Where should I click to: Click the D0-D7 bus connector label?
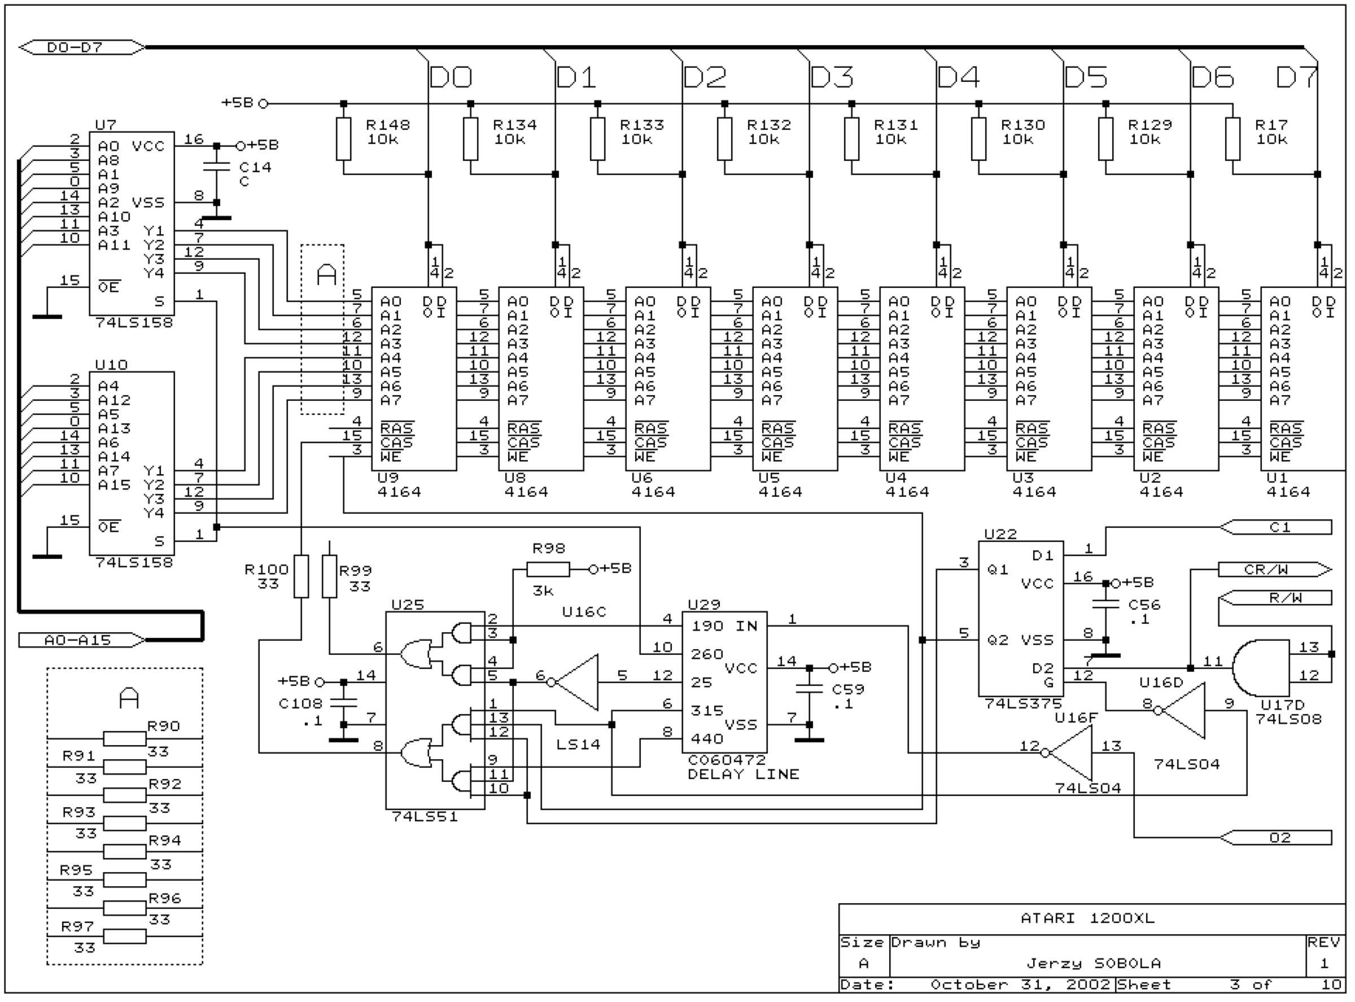[x=82, y=47]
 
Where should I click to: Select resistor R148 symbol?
[x=343, y=139]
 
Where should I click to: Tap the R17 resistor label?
[x=1271, y=125]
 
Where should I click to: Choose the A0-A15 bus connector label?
[x=82, y=640]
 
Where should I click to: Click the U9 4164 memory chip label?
[x=399, y=485]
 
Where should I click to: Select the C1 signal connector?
[x=1275, y=527]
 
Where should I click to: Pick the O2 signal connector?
[x=1275, y=838]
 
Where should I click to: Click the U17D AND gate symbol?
[x=1260, y=668]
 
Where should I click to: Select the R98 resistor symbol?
[x=548, y=570]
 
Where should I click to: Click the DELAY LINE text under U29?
[x=744, y=774]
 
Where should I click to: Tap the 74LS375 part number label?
[x=1022, y=703]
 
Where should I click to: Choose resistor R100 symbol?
[x=301, y=576]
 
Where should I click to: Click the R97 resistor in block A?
[x=124, y=937]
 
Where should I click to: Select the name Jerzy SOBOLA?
[x=1094, y=963]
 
